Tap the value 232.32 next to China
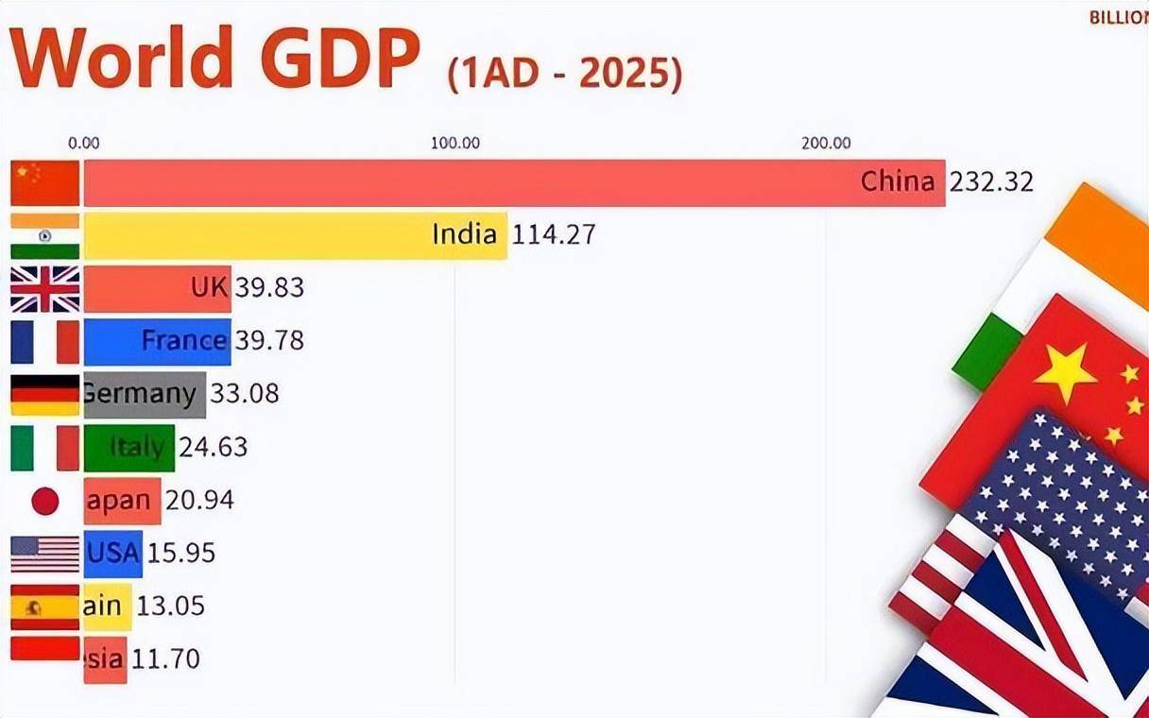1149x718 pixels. click(991, 181)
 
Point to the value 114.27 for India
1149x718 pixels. click(554, 234)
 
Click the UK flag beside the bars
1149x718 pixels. click(45, 288)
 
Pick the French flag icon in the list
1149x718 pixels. click(45, 342)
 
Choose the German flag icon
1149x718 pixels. click(45, 395)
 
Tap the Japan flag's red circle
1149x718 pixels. click(45, 501)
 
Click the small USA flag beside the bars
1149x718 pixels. click(45, 554)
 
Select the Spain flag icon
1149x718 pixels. click(45, 607)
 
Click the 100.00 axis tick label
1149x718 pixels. click(455, 144)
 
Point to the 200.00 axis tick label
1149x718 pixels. click(827, 144)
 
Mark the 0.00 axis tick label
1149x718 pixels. click(84, 144)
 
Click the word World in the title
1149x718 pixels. click(121, 59)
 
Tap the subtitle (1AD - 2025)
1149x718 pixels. click(564, 74)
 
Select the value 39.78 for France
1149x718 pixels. click(269, 340)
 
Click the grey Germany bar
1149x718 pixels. click(144, 395)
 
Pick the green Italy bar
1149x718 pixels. click(129, 448)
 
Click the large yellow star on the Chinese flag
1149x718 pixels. click(1065, 373)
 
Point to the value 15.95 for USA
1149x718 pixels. click(180, 553)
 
